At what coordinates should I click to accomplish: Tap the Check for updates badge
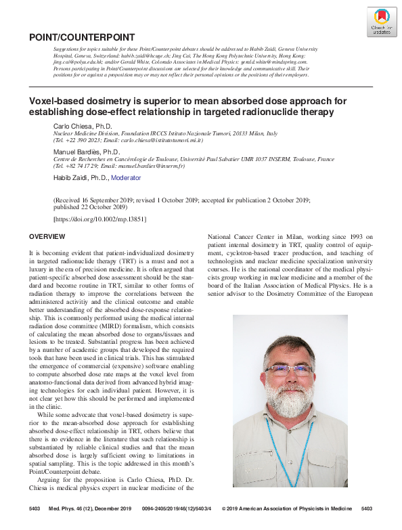381,22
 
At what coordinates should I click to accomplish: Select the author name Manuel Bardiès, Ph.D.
86,152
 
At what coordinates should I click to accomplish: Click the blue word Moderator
126,178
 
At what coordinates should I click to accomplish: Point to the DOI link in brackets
99,219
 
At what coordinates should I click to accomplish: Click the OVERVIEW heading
47,236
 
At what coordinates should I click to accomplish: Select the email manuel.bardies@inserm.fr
152,166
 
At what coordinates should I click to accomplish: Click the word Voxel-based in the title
53,101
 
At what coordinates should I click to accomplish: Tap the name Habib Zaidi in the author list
70,178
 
